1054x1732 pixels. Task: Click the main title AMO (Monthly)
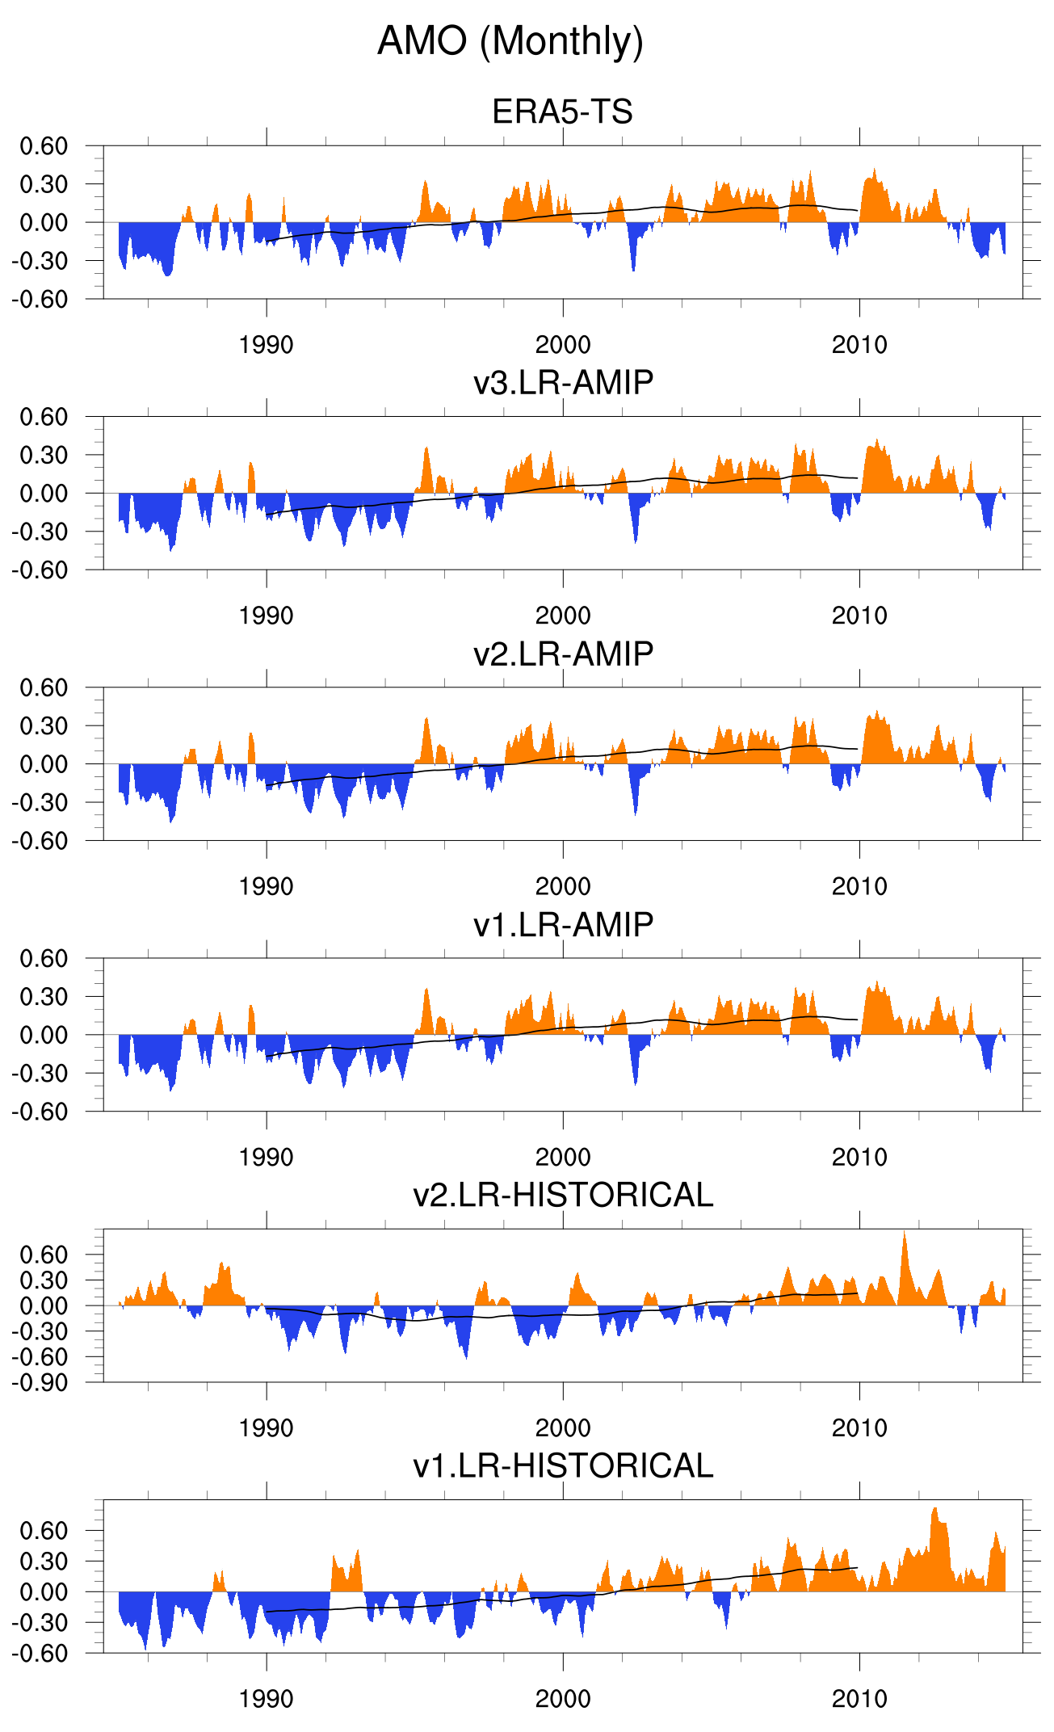coord(510,41)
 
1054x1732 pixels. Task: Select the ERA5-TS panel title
coord(562,111)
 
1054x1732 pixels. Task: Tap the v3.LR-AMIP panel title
coord(563,382)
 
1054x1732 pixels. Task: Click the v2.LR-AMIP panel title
coord(563,654)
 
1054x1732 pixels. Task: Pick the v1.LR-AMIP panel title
coord(563,924)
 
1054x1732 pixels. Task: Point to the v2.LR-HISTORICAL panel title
coord(563,1195)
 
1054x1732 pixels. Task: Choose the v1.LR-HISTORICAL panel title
coord(563,1465)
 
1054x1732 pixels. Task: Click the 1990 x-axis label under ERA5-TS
coord(266,345)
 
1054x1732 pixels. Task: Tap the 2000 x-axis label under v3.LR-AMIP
coord(563,616)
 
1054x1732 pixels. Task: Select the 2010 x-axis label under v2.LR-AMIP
coord(859,886)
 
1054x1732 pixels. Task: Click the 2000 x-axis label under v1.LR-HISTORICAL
coord(563,1699)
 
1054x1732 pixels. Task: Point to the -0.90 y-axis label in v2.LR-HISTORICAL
coord(39,1382)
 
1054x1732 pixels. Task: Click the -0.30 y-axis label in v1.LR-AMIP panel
coord(39,1074)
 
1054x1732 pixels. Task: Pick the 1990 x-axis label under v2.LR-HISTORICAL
coord(266,1428)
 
